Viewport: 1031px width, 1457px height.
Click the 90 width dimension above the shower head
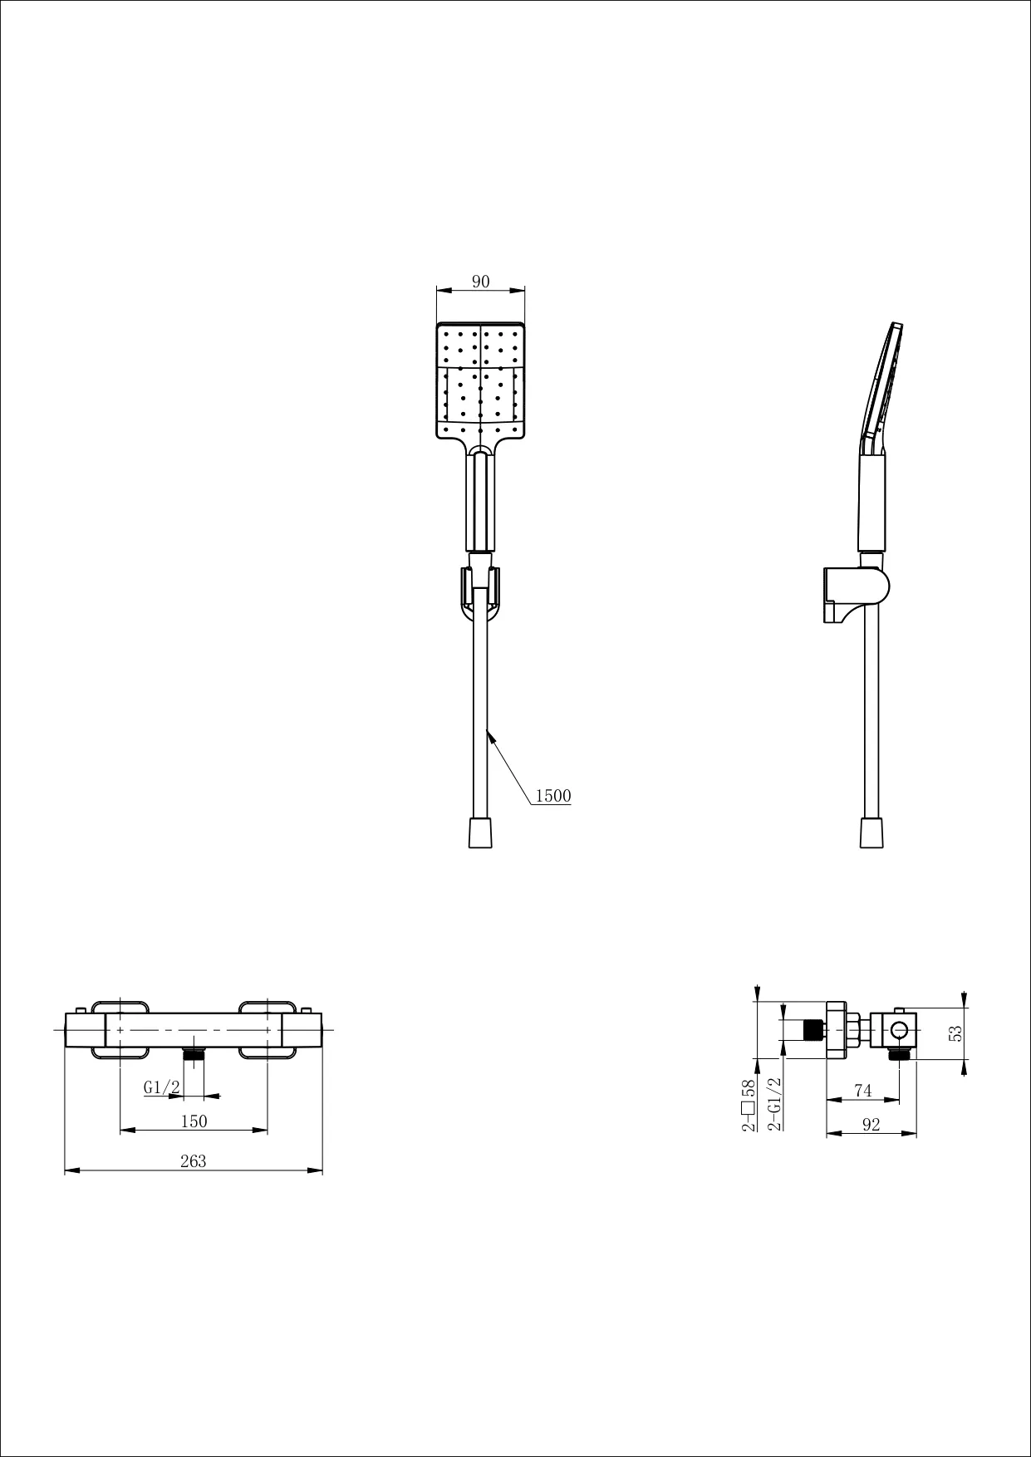(x=481, y=282)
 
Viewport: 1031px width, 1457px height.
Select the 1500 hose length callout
(x=553, y=796)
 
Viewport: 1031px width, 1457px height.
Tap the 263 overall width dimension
(x=194, y=1161)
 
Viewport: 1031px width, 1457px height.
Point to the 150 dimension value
(x=194, y=1121)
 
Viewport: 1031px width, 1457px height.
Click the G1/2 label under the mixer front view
(x=162, y=1087)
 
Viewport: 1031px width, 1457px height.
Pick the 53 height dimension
(x=956, y=1033)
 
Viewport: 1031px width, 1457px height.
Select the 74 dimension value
(x=863, y=1090)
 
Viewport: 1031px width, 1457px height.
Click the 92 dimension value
(x=871, y=1125)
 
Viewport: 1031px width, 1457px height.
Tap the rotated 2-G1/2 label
(x=774, y=1105)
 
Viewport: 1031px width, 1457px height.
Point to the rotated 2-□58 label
(x=748, y=1105)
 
